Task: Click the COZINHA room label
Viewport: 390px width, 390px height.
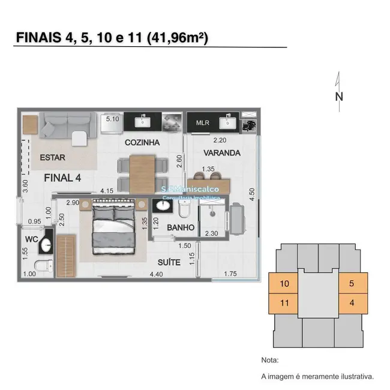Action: [x=142, y=143]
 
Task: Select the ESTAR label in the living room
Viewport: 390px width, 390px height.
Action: [x=53, y=158]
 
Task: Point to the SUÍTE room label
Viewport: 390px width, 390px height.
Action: [x=170, y=262]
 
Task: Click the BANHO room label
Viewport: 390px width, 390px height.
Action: [x=181, y=228]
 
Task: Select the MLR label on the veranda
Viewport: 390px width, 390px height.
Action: [x=202, y=124]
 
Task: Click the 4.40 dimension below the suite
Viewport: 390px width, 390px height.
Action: [x=157, y=275]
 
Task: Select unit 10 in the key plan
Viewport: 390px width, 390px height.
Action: [x=284, y=283]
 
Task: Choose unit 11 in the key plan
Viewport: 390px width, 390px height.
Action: [x=284, y=302]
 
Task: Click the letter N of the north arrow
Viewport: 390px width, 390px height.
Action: [x=339, y=96]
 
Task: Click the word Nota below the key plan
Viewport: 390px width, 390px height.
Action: [x=271, y=361]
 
